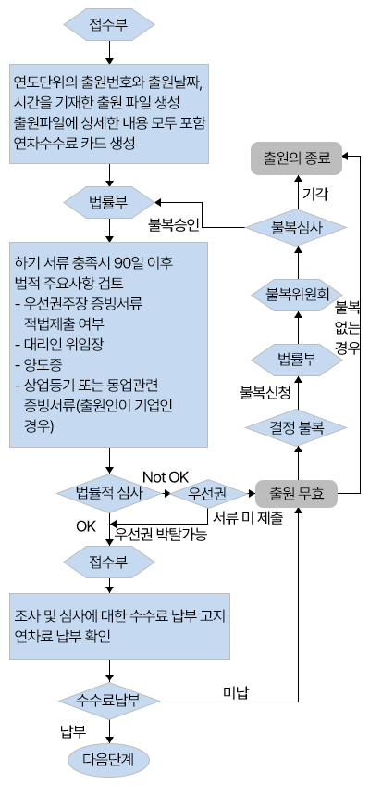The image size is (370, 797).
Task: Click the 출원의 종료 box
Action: [296, 158]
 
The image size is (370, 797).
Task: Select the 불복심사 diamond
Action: [296, 227]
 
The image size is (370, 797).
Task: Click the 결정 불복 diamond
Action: [296, 427]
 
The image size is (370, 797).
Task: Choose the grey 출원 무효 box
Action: [296, 493]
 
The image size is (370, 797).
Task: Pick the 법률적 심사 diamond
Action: [109, 492]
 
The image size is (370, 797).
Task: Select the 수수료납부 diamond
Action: [108, 701]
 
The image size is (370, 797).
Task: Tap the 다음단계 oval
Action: [108, 760]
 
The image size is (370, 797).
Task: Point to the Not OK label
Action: [166, 477]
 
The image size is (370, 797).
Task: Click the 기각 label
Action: [315, 194]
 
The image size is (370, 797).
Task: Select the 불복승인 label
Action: [174, 224]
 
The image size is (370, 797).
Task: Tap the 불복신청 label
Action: [265, 392]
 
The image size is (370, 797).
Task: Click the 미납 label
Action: [236, 692]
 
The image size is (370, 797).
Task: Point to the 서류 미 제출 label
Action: [248, 518]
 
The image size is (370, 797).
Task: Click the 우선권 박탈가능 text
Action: [161, 535]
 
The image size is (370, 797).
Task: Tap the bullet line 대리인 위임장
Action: [59, 344]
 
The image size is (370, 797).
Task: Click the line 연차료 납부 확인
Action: [62, 637]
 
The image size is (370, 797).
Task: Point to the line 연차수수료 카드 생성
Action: [75, 143]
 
